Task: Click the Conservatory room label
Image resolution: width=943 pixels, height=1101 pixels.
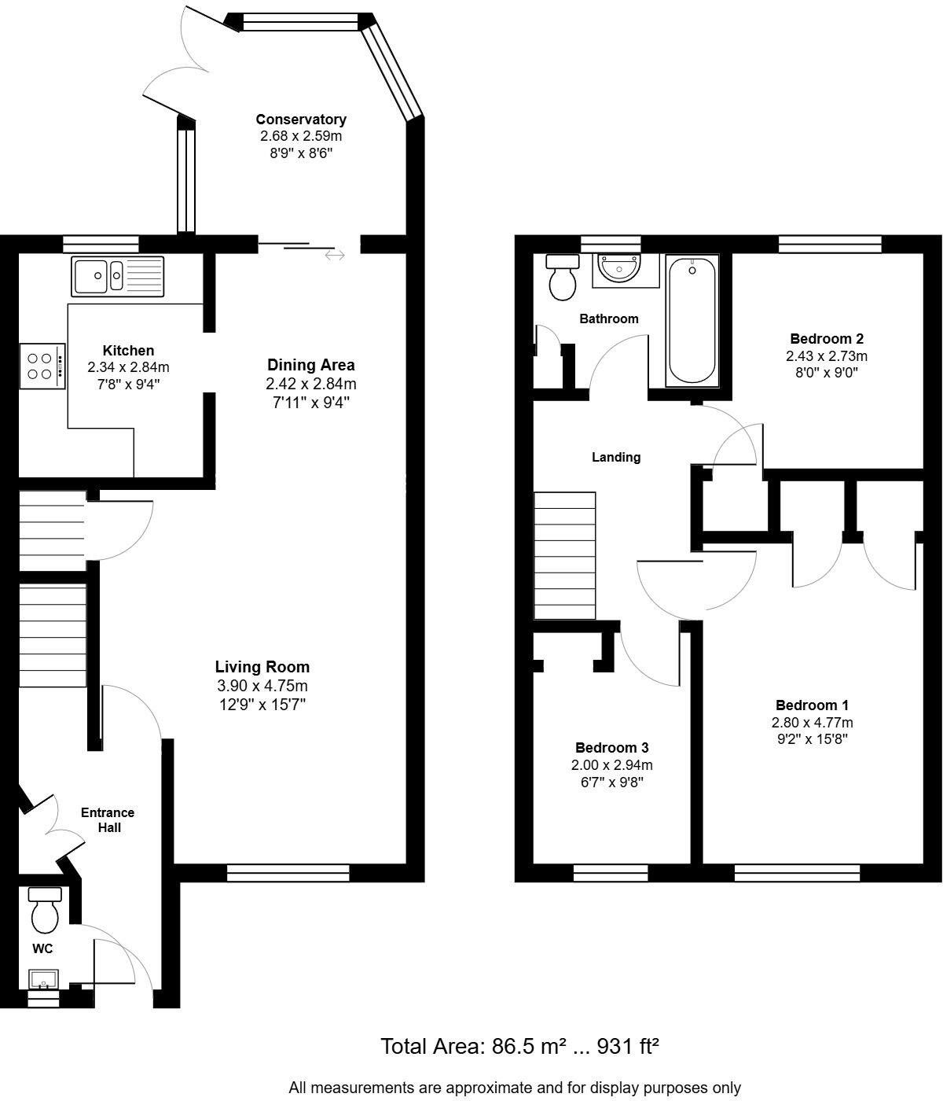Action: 301,120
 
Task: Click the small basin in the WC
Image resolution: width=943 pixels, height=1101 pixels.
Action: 43,980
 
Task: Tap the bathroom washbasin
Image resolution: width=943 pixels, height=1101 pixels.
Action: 619,269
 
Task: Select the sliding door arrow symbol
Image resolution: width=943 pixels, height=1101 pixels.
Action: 335,256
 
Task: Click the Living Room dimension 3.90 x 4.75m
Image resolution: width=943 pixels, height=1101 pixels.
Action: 262,686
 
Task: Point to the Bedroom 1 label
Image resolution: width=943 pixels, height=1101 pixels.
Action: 812,705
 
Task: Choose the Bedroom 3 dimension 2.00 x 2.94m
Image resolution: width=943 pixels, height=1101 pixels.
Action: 611,765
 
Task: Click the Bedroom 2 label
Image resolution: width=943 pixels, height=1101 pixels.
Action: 827,339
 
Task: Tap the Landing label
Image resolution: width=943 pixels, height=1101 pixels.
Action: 616,457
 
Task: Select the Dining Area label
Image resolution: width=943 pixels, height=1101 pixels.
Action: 311,365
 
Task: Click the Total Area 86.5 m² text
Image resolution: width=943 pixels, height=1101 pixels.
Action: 519,1047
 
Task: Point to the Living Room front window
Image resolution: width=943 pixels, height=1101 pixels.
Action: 288,871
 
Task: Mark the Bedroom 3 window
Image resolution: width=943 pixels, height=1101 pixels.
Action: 611,872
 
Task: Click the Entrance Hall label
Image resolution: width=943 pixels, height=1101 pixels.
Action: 108,819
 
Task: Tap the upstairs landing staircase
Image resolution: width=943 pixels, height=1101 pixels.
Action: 564,556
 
